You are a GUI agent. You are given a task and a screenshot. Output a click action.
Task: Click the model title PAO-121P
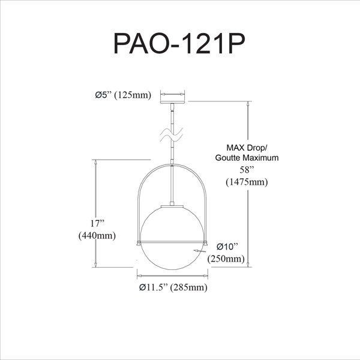point(179,44)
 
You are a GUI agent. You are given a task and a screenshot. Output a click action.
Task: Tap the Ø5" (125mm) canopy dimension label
point(123,95)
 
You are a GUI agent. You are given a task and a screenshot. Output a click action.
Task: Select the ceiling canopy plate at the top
point(172,102)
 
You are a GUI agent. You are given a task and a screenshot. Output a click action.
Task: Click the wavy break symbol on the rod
point(172,135)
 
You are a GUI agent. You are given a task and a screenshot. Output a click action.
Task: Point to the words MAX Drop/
point(247,148)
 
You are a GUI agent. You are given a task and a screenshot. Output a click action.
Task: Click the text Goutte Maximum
point(247,158)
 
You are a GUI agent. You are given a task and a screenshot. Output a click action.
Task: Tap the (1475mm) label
point(247,182)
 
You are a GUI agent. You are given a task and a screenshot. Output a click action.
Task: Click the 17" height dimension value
point(97,223)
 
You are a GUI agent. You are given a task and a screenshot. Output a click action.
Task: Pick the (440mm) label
point(97,236)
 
